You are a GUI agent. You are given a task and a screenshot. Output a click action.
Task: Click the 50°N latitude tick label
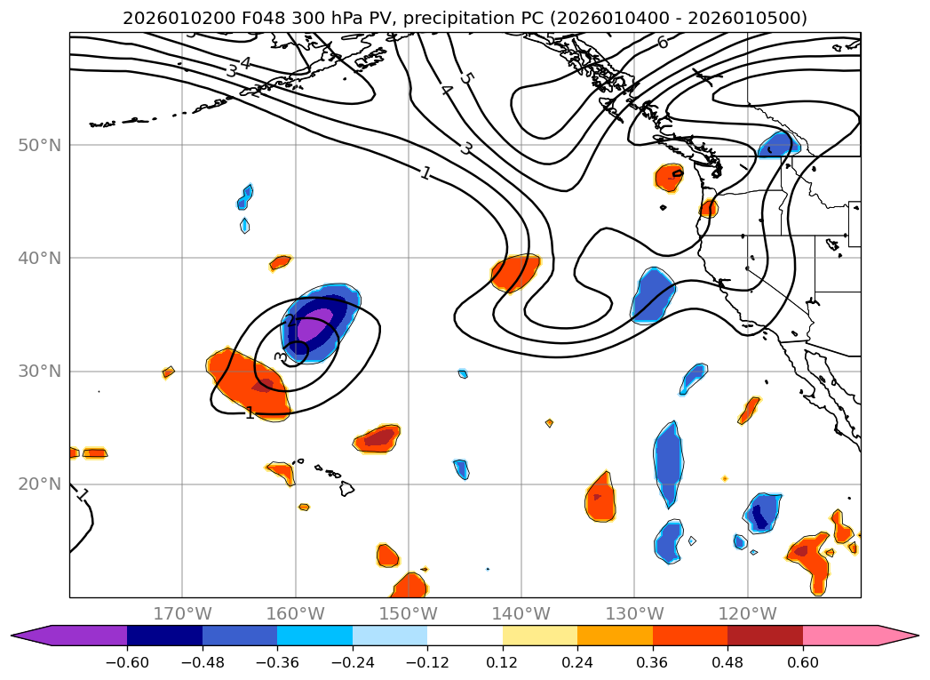tap(39, 145)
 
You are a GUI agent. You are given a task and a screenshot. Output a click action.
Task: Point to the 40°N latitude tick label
tap(39, 258)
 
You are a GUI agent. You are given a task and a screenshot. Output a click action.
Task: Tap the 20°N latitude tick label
tap(39, 484)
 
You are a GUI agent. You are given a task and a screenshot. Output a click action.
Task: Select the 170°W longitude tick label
tap(182, 613)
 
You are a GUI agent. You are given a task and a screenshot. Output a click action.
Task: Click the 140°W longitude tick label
tap(521, 613)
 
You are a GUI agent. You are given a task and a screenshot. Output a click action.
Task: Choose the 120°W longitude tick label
tap(747, 613)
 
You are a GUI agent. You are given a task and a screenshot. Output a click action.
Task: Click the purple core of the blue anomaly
tap(314, 326)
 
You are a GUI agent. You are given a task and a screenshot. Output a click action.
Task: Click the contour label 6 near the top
tap(663, 42)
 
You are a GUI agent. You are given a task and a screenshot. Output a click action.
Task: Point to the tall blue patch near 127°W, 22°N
tap(668, 462)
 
